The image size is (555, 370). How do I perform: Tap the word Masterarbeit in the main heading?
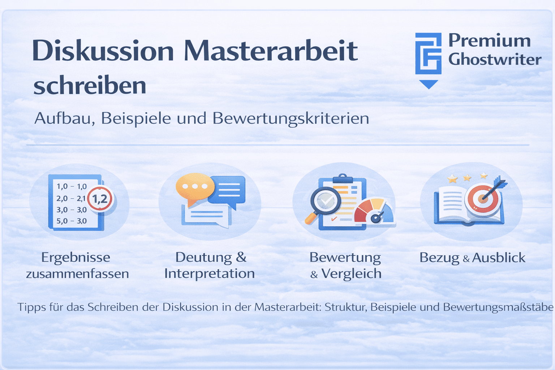click(x=271, y=51)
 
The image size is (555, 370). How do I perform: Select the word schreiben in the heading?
click(x=90, y=86)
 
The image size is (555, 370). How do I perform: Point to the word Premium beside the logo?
click(x=489, y=40)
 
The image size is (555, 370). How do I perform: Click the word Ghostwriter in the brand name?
click(x=495, y=60)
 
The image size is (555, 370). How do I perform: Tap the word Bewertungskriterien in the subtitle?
click(x=291, y=119)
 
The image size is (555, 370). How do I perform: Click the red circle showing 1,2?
click(x=100, y=198)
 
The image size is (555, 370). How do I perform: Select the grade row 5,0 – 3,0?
click(x=72, y=221)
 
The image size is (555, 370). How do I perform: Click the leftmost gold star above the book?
click(x=452, y=178)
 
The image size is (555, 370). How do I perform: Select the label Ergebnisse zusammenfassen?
click(x=77, y=265)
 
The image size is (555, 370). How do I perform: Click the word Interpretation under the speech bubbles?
click(x=210, y=274)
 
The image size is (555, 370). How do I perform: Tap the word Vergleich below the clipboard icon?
click(x=351, y=274)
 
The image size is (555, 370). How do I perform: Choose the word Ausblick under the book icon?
click(x=499, y=258)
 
